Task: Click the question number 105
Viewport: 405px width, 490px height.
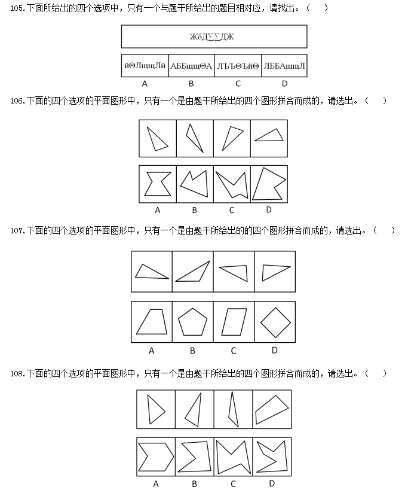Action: coord(17,8)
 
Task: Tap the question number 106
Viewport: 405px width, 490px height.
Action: coord(17,101)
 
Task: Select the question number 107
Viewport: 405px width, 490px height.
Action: coord(17,230)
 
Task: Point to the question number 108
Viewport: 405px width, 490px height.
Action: coord(17,373)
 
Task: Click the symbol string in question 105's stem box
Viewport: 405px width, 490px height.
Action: coord(212,37)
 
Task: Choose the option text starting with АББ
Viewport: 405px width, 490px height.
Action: coord(191,66)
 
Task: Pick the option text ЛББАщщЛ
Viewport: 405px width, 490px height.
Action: coord(284,66)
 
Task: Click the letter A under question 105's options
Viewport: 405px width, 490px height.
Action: coord(145,84)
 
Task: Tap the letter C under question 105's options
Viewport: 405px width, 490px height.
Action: coord(238,84)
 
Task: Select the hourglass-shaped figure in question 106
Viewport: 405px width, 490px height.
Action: coord(157,184)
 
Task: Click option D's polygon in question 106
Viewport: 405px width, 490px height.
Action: coord(269,184)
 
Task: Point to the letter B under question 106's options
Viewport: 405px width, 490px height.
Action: coord(194,210)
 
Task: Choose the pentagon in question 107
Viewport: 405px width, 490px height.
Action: coord(192,322)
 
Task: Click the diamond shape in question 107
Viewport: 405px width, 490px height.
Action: coord(275,322)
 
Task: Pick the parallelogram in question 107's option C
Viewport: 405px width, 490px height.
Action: coord(234,322)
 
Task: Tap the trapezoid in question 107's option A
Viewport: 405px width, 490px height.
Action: coord(152,322)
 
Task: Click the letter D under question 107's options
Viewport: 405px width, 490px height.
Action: coord(275,351)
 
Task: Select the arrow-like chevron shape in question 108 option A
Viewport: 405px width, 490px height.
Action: coord(156,457)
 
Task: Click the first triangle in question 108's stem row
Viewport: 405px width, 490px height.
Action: coord(156,409)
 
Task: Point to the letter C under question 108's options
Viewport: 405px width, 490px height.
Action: coord(233,484)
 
